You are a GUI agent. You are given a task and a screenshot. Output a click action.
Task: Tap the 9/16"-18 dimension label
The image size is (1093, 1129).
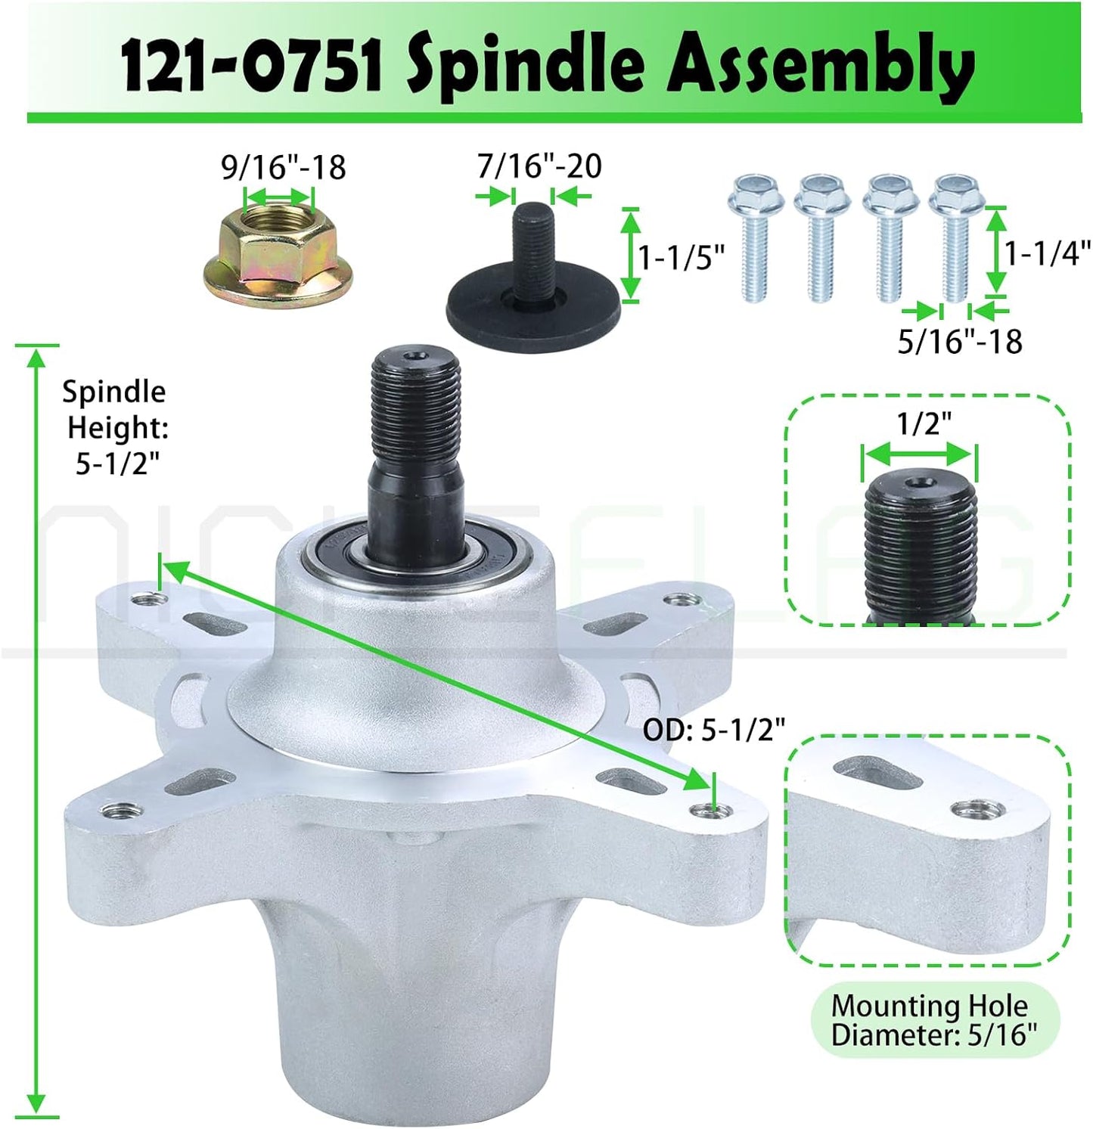point(284,167)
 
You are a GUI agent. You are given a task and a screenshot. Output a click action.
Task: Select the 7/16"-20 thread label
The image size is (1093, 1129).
point(539,166)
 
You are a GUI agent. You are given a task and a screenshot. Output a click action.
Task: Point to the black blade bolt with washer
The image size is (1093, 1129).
point(534,272)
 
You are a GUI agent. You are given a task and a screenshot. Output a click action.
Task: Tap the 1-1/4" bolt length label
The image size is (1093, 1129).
point(1048,252)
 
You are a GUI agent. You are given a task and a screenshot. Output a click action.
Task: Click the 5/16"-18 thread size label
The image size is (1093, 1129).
point(960,342)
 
